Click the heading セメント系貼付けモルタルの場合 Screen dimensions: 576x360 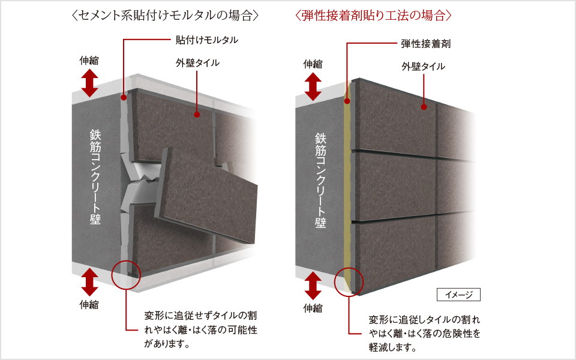coord(166,16)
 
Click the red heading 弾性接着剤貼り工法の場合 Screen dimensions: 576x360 coord(373,16)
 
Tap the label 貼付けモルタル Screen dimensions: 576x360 coord(207,40)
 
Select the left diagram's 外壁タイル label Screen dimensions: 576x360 coord(197,63)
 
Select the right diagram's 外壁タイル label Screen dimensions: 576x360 coord(423,67)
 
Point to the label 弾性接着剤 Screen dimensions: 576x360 coord(426,44)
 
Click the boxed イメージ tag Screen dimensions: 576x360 coord(458,295)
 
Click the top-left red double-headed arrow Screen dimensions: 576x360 coord(89,83)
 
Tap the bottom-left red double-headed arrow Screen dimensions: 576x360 coord(89,282)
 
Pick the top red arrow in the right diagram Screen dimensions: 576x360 coord(313,86)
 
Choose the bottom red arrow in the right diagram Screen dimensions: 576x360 coord(313,286)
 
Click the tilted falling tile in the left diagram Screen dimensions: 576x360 coord(206,195)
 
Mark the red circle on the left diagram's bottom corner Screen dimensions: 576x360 coord(126,262)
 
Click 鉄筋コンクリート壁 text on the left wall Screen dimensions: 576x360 coord(95,176)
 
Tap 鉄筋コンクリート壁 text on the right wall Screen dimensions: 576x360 coord(320,181)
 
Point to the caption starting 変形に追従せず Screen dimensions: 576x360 coord(200,329)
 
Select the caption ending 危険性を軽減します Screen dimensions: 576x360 coord(425,333)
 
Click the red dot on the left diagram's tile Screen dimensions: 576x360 coord(197,115)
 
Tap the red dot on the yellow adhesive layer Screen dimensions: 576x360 coord(347,101)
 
